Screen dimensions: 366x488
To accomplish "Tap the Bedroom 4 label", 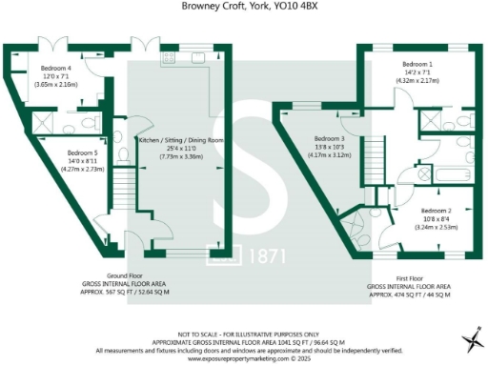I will click(56, 69).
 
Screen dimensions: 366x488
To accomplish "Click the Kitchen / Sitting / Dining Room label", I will click(181, 140).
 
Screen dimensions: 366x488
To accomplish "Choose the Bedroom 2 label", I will click(436, 210).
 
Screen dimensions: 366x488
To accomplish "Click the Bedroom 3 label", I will click(329, 138).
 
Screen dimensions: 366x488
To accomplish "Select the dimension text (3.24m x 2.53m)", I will click(436, 227).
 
